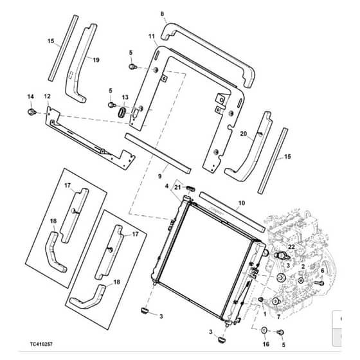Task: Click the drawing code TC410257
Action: pos(41,344)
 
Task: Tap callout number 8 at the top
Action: pos(162,14)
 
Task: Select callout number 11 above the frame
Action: pos(152,36)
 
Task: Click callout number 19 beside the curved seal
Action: pos(96,60)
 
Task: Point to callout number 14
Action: pos(31,96)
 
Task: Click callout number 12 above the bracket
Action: pos(48,96)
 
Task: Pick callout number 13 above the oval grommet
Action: pos(125,97)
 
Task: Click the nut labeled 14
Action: pos(32,113)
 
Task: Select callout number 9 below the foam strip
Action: pos(160,176)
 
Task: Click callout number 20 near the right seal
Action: pos(244,134)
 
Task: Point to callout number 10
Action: pos(242,203)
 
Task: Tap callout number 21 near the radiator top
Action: pos(177,188)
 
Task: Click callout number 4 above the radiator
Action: pos(167,186)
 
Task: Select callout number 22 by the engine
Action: pos(291,247)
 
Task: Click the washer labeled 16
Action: pos(264,331)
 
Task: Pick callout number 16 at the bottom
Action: pos(266,344)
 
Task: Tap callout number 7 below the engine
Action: pos(279,317)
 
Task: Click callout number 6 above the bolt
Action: pos(322,271)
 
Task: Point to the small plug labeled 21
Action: pos(191,188)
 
